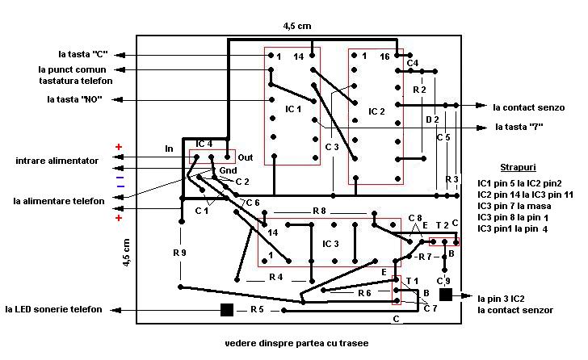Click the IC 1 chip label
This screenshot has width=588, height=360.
pos(292,107)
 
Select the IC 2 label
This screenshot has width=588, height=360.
pos(376,111)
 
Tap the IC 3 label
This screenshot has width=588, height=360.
pos(330,244)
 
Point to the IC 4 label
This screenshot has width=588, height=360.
pos(204,144)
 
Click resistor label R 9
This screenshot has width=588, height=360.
pos(179,253)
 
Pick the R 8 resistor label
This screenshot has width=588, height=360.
pos(319,211)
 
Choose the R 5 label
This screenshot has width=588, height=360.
pos(256,309)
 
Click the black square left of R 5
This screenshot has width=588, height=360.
pos(227,309)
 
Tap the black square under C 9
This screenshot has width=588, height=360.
pos(445,295)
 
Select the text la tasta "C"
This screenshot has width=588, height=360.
pos(83,55)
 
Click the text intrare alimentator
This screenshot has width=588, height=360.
pos(57,161)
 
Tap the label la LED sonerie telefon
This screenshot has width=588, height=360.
pos(54,309)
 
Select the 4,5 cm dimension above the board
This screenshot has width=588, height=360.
pos(296,26)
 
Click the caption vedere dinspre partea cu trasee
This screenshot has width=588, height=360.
pos(297,343)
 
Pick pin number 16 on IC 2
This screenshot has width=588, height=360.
pos(384,57)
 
